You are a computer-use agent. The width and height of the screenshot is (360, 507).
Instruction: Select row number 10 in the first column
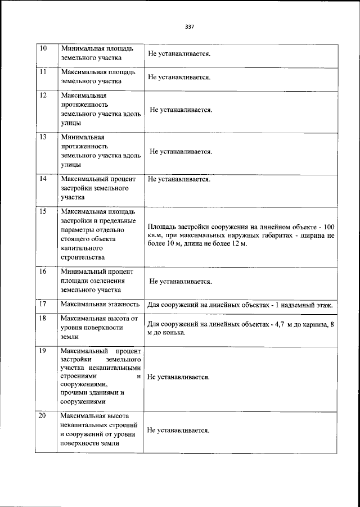tap(42, 48)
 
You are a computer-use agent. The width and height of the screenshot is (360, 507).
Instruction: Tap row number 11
tap(42, 72)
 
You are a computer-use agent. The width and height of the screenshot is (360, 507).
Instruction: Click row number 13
tap(42, 137)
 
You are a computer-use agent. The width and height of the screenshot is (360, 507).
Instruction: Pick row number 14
tap(42, 179)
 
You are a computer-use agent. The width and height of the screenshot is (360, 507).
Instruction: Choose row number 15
tap(42, 211)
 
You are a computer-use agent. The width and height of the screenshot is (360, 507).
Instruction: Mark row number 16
tap(42, 271)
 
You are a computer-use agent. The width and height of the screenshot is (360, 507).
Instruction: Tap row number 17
tap(42, 304)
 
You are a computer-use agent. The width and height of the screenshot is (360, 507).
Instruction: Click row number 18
tap(42, 318)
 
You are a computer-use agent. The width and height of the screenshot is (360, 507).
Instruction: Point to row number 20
tap(42, 415)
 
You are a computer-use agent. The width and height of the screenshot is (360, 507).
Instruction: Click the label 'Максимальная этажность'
tap(100, 304)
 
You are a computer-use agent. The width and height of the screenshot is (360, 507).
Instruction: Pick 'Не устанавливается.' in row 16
tap(181, 281)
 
